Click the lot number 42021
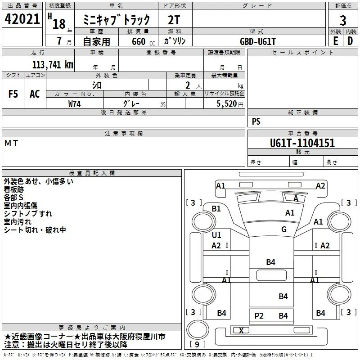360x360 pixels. coord(22,19)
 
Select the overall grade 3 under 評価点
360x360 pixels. coord(343,20)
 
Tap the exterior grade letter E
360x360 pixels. coord(335,41)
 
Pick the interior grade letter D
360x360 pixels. coord(350,41)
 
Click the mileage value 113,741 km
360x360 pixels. coord(53,65)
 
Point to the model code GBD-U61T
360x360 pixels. coord(257,41)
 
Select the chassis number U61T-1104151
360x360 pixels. coord(302,143)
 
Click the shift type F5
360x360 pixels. coord(13,94)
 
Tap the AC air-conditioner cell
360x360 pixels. coord(35,94)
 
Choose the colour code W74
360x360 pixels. coord(74,104)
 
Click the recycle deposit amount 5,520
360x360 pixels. coord(226,104)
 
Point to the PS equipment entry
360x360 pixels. coord(256,121)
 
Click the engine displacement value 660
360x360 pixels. coord(139,41)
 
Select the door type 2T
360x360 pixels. coord(174,20)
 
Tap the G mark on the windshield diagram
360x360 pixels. coord(284,229)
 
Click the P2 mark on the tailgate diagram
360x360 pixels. coord(259,316)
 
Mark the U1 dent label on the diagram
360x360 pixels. coord(216,235)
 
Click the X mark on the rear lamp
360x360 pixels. coord(241,330)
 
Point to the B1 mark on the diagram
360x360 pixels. coord(216,208)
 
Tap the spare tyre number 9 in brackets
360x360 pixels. coord(197,344)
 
